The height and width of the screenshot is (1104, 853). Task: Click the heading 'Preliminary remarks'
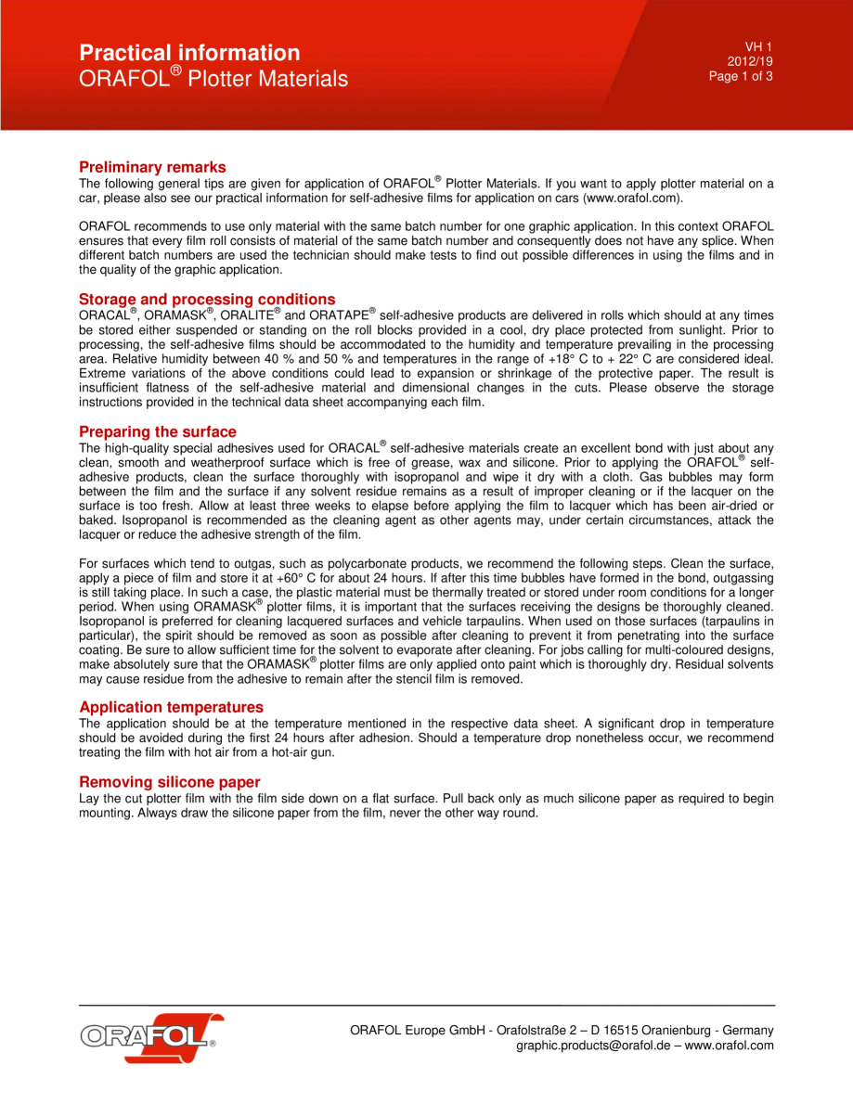click(152, 167)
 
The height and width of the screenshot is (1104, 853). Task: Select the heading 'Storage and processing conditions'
click(207, 299)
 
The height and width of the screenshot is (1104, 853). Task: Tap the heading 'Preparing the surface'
click(157, 431)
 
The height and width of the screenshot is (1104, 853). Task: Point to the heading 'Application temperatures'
click(171, 707)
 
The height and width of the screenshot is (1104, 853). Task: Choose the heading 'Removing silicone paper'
click(169, 782)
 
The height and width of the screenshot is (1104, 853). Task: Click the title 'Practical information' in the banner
click(189, 53)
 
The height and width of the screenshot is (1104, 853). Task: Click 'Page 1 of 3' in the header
click(741, 76)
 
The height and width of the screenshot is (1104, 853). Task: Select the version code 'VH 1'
click(758, 46)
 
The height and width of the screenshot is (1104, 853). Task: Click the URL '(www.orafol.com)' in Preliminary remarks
click(633, 199)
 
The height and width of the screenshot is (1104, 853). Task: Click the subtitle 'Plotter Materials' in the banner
click(267, 79)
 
